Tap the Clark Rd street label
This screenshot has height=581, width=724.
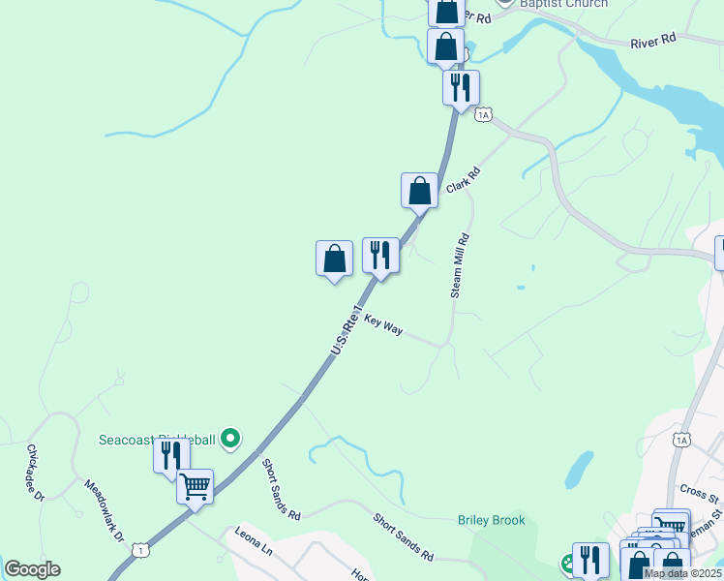464,181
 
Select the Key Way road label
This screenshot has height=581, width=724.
383,324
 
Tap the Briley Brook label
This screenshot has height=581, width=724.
492,520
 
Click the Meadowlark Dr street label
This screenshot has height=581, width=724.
105,510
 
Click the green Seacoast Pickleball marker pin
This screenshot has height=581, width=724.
229,440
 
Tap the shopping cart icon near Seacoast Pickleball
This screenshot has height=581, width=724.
195,485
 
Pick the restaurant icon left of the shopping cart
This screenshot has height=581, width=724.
171,454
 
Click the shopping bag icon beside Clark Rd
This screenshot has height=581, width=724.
419,189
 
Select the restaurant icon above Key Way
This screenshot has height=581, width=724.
380,256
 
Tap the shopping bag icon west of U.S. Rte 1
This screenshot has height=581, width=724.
334,259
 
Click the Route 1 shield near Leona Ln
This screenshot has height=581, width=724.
142,549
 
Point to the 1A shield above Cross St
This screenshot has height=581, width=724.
682,441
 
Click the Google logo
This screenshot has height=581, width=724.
32,569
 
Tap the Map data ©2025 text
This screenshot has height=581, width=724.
681,573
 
